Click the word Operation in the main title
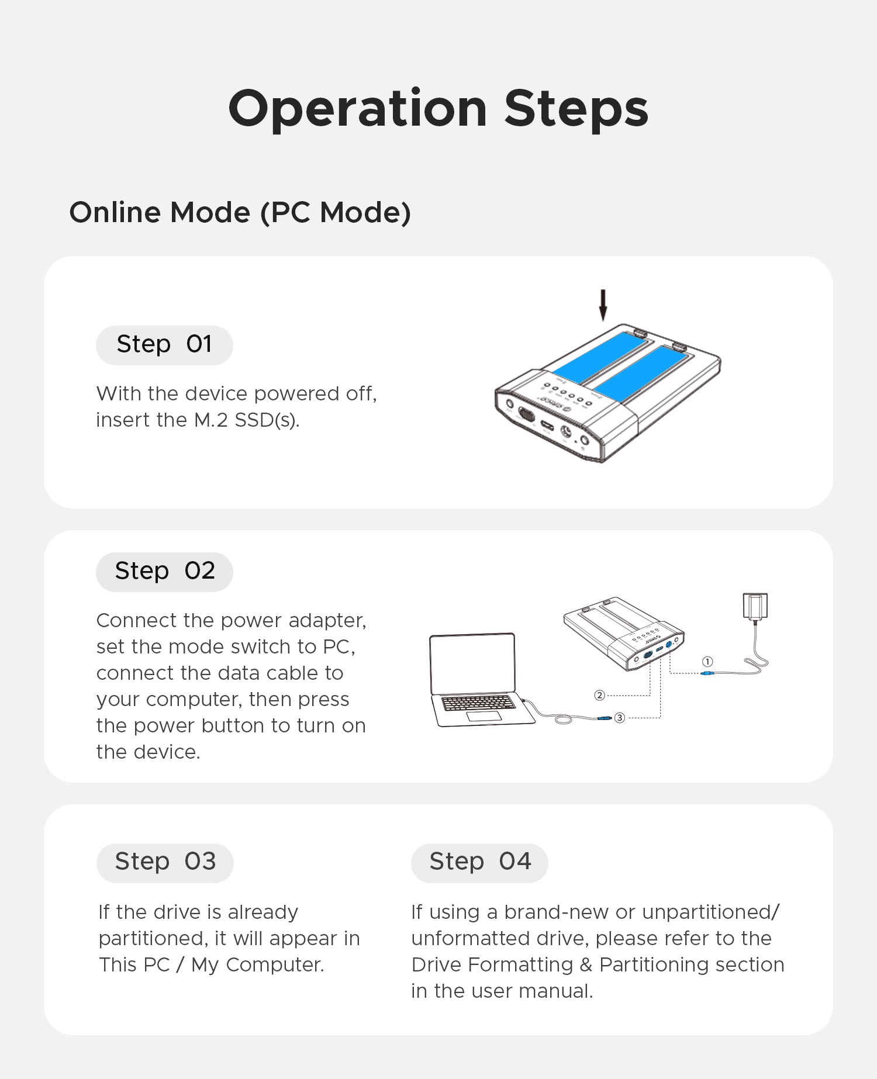pos(358,109)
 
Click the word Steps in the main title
pos(576,109)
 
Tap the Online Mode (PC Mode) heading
pos(240,212)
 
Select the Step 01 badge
pos(164,345)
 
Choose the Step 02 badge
pos(164,572)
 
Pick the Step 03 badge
pos(165,863)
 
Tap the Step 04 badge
pos(479,863)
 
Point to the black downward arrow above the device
pos(603,305)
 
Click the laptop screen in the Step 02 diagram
pos(472,664)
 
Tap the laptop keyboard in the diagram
pos(478,703)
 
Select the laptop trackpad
pos(484,717)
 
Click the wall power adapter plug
pos(755,606)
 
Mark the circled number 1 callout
pos(707,662)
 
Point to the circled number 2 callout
pos(599,695)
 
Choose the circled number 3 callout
pos(620,717)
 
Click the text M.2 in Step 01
pos(210,420)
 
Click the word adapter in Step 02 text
pos(327,621)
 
